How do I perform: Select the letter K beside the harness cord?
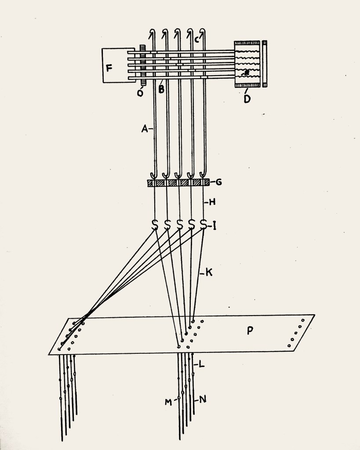point(209,272)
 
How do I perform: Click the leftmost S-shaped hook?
point(155,225)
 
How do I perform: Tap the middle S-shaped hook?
point(179,225)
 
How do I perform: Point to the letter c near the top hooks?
point(196,40)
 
